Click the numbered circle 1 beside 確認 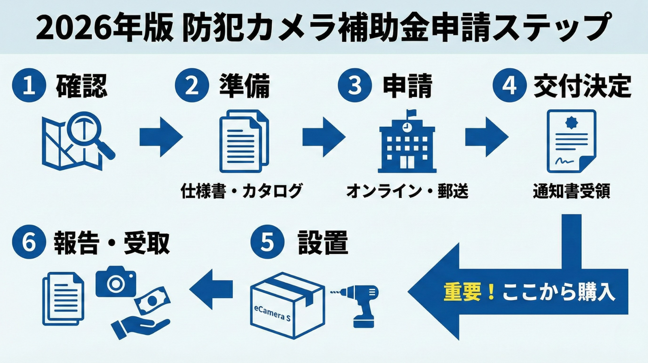click(x=29, y=85)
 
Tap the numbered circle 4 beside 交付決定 click(x=509, y=85)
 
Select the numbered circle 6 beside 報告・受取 click(x=29, y=242)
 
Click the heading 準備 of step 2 click(x=244, y=86)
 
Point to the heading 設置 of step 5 click(x=323, y=242)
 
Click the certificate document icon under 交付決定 click(x=571, y=141)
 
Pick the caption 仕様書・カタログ click(x=242, y=190)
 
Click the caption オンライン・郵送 click(x=407, y=190)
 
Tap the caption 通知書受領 click(x=571, y=190)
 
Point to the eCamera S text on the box click(x=272, y=312)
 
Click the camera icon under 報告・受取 click(x=115, y=282)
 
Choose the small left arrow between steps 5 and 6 click(x=211, y=289)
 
